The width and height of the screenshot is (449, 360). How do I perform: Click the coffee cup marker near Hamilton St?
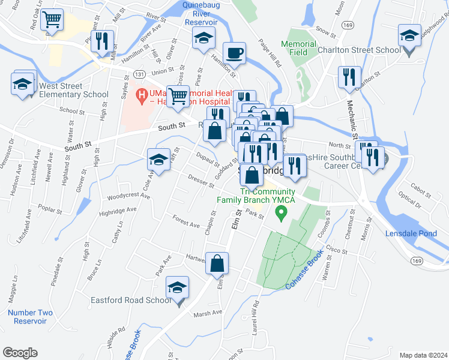(x=235, y=53)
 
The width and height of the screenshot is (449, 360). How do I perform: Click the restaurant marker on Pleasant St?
(x=101, y=40)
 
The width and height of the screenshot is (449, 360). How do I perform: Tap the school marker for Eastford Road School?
(x=178, y=287)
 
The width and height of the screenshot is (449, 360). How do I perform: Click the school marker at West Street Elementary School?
(x=23, y=83)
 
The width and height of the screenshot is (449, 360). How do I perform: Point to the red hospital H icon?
(x=142, y=94)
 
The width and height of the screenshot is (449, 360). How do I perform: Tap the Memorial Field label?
(x=298, y=48)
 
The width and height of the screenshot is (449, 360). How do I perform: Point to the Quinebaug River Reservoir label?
(x=205, y=13)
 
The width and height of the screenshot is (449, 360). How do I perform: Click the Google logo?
(x=20, y=353)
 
